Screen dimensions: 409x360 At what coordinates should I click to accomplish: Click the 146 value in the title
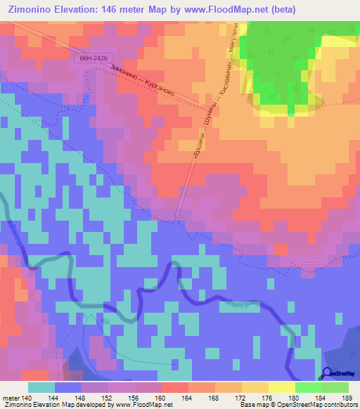point(110,10)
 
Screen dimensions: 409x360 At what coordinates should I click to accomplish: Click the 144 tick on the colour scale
point(55,398)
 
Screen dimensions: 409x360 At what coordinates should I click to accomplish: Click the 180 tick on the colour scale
point(296,398)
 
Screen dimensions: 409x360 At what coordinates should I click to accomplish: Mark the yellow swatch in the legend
point(282,387)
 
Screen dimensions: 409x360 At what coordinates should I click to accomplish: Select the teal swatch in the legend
point(41,387)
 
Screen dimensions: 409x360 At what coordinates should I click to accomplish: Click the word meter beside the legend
point(11,398)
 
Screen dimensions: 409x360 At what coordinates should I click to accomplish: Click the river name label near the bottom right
point(243,306)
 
